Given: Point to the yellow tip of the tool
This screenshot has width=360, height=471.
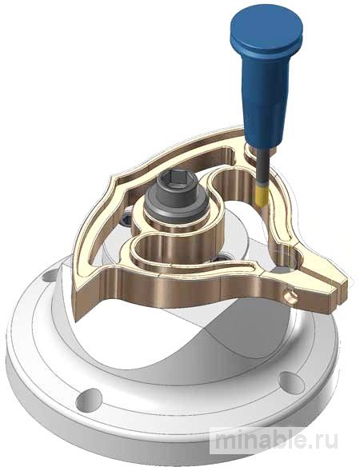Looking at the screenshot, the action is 262,195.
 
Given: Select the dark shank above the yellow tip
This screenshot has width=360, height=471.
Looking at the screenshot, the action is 262,166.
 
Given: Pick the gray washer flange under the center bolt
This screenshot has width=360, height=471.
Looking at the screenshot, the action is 177,207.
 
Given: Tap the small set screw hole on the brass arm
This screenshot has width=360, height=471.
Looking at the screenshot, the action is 291,297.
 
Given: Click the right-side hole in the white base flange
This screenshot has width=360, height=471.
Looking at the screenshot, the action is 292,383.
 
